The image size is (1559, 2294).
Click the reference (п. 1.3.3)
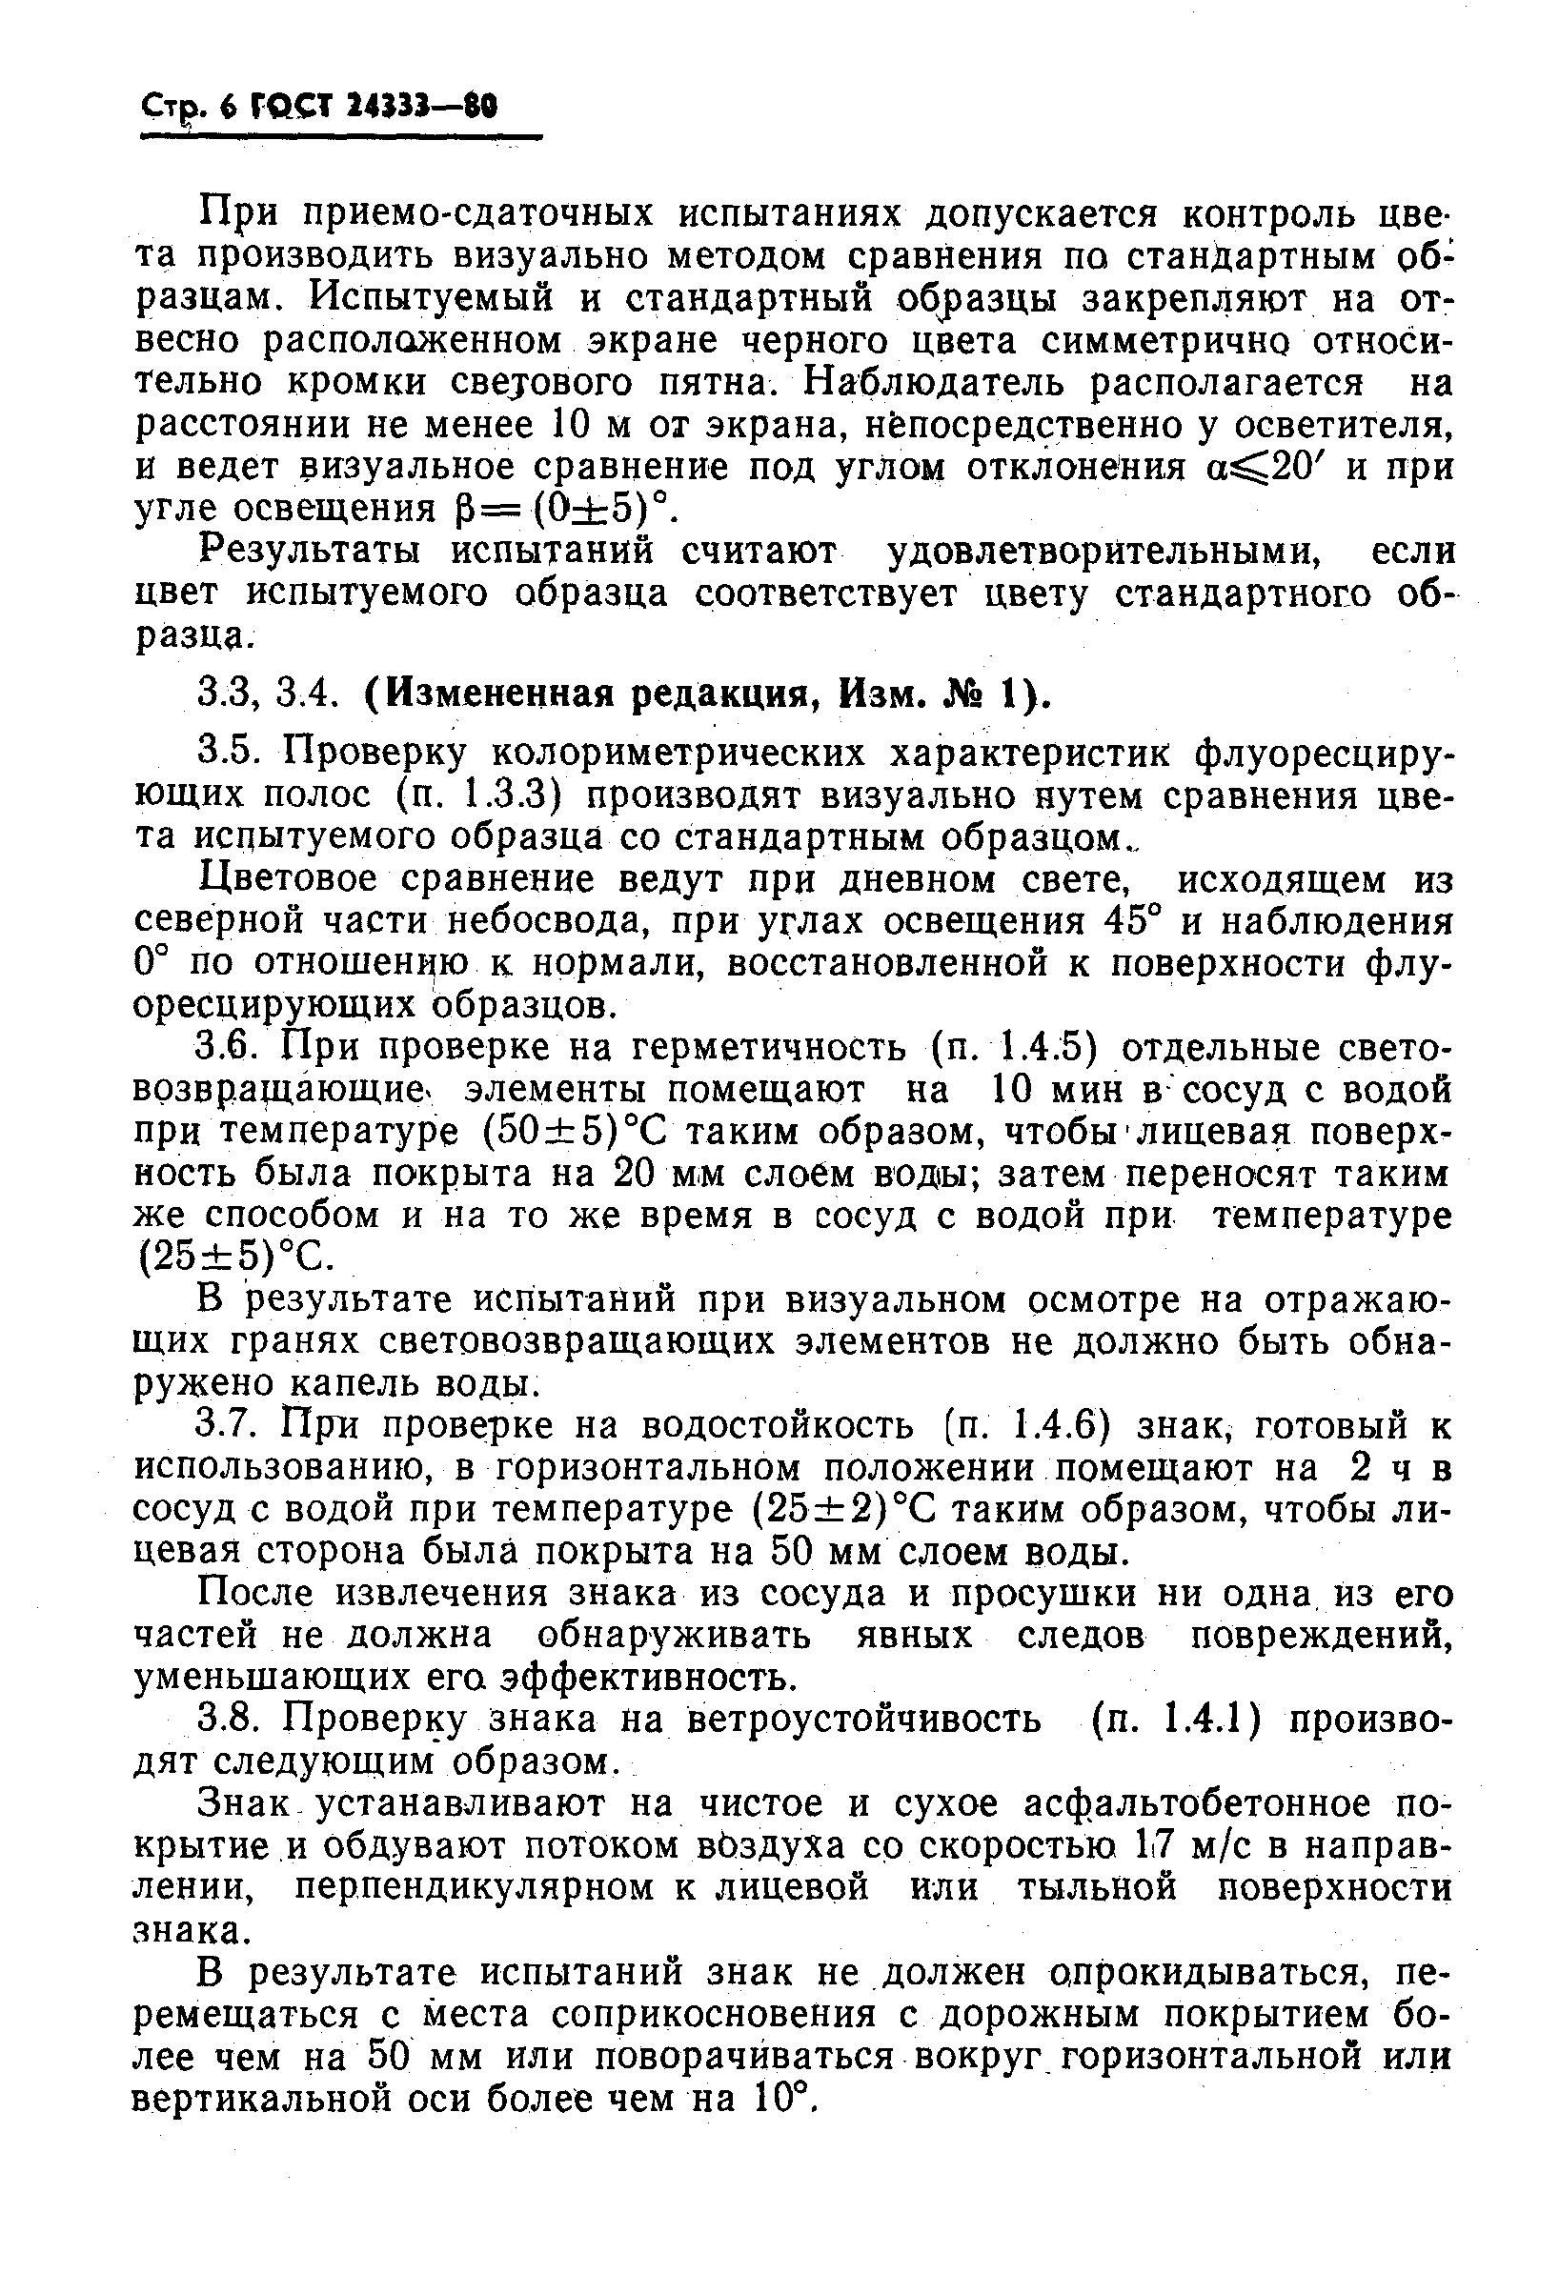(482, 795)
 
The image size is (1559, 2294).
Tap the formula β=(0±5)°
(557, 510)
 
